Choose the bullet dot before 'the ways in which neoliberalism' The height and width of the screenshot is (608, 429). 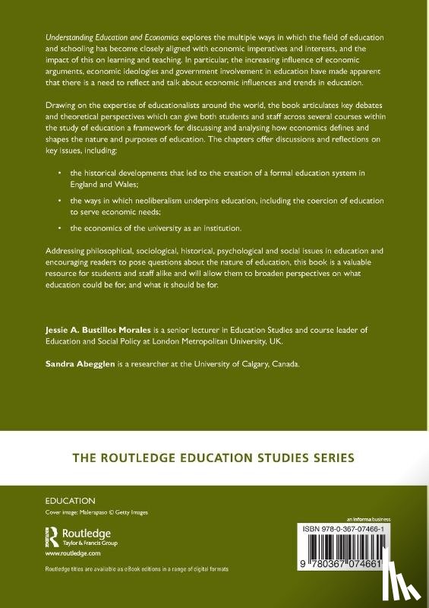click(59, 198)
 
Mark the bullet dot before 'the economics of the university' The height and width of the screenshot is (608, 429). click(59, 228)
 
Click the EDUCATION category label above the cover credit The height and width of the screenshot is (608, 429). click(71, 501)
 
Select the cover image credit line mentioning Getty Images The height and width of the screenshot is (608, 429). click(97, 513)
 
